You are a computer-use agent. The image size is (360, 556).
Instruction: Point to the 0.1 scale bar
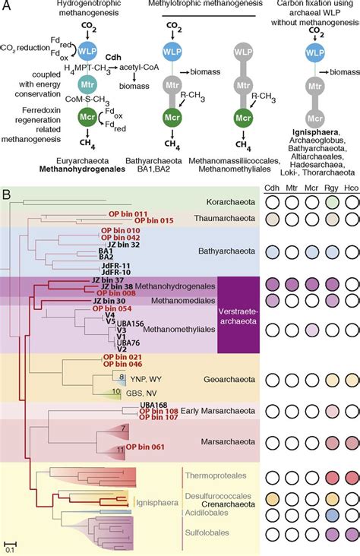pyautogui.click(x=8, y=542)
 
